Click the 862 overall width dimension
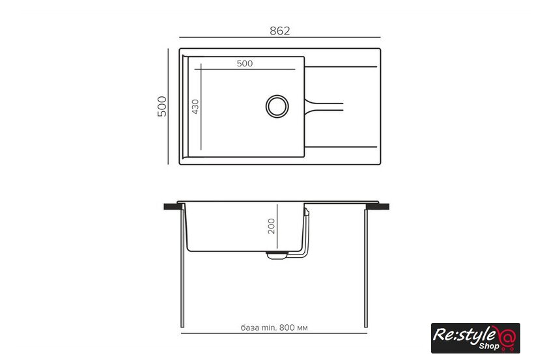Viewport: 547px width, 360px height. point(280,31)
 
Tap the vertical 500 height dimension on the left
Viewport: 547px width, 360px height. point(162,106)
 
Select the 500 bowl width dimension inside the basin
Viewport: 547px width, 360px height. point(245,64)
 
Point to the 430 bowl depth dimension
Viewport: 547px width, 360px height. point(195,107)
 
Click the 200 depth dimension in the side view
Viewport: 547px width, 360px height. point(272,226)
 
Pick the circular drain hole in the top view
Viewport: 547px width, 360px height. point(277,106)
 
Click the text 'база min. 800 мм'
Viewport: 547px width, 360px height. point(274,328)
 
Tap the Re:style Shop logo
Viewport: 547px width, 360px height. point(475,338)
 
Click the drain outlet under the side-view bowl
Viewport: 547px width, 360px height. point(277,255)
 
